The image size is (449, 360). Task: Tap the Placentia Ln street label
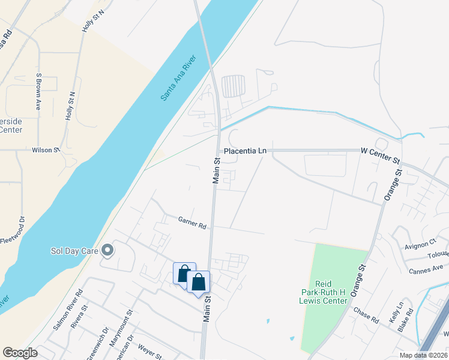245,151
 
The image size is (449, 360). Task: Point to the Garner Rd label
192,223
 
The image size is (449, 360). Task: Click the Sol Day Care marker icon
108,250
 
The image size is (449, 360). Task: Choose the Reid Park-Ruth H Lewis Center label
331,292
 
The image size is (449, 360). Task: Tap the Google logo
20,353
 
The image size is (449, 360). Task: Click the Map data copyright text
424,355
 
